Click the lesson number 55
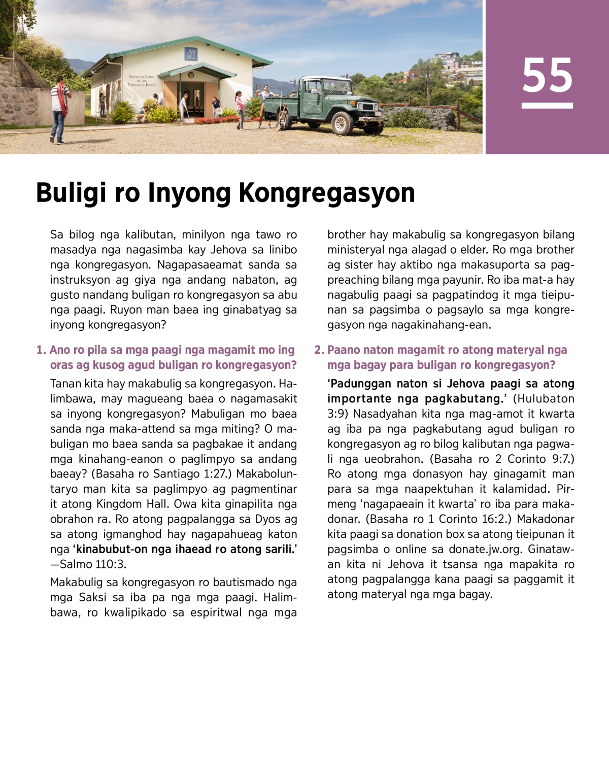pos(547,75)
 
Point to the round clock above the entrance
pos(191,75)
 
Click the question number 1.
pos(41,350)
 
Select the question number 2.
pos(319,350)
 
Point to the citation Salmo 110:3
pos(93,564)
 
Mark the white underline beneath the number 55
pos(547,106)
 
